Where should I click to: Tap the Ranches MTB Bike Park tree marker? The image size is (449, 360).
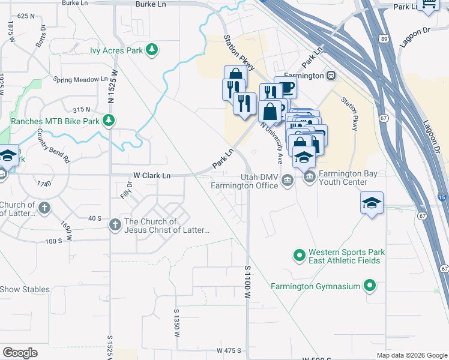(108, 121)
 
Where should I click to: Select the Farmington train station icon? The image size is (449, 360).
(331, 76)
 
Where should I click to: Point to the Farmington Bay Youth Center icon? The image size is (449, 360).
(310, 176)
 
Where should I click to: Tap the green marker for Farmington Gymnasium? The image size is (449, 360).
(370, 286)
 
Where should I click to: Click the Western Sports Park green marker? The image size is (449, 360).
(299, 256)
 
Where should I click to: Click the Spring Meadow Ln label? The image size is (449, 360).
(80, 79)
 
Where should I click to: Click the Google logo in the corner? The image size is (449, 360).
(20, 353)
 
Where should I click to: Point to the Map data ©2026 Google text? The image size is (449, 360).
(412, 355)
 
